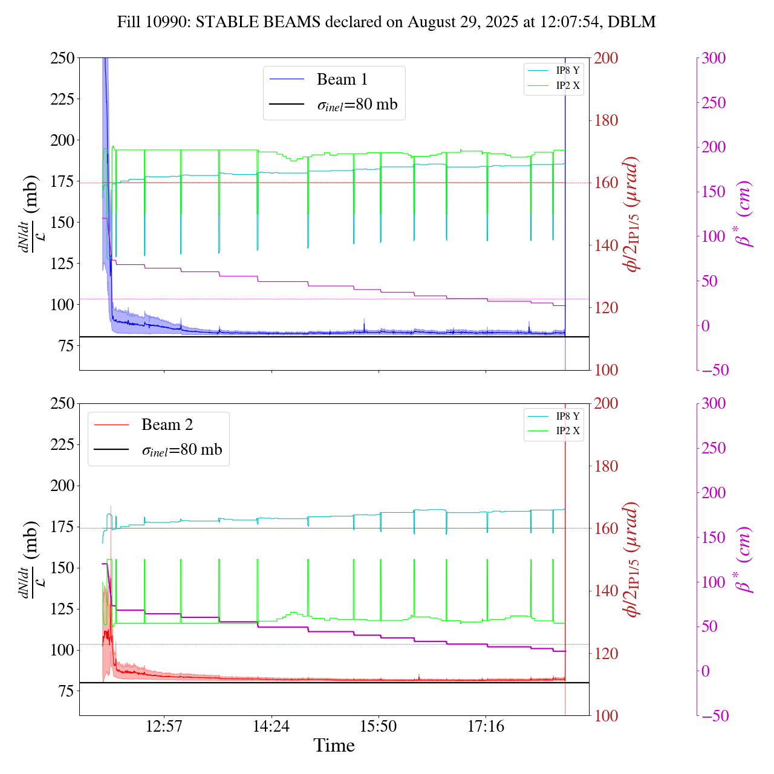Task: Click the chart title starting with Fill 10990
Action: (386, 22)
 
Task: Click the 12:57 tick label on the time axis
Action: (164, 726)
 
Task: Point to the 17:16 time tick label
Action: (486, 726)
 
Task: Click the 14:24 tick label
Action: (272, 726)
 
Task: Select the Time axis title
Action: (334, 746)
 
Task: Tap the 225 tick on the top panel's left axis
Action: (63, 99)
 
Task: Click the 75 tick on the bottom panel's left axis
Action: (67, 691)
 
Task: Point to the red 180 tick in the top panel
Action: (606, 120)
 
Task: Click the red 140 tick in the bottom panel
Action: (606, 591)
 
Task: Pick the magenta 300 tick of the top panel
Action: (714, 58)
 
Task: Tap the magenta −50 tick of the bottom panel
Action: (714, 716)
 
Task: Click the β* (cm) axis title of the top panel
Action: (744, 213)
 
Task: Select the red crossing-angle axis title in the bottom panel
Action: (633, 559)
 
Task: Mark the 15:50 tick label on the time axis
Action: (379, 726)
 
